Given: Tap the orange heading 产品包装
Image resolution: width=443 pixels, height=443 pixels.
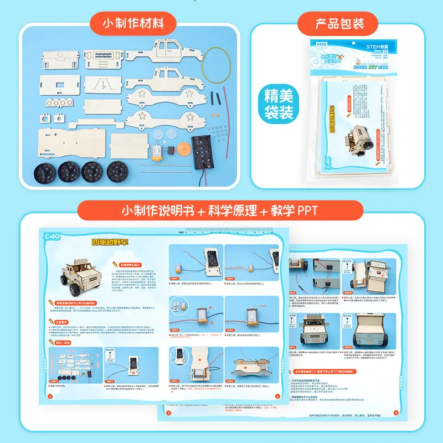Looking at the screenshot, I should coord(339,24).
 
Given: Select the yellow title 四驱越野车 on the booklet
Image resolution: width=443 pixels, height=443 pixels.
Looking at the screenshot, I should coord(110,241).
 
